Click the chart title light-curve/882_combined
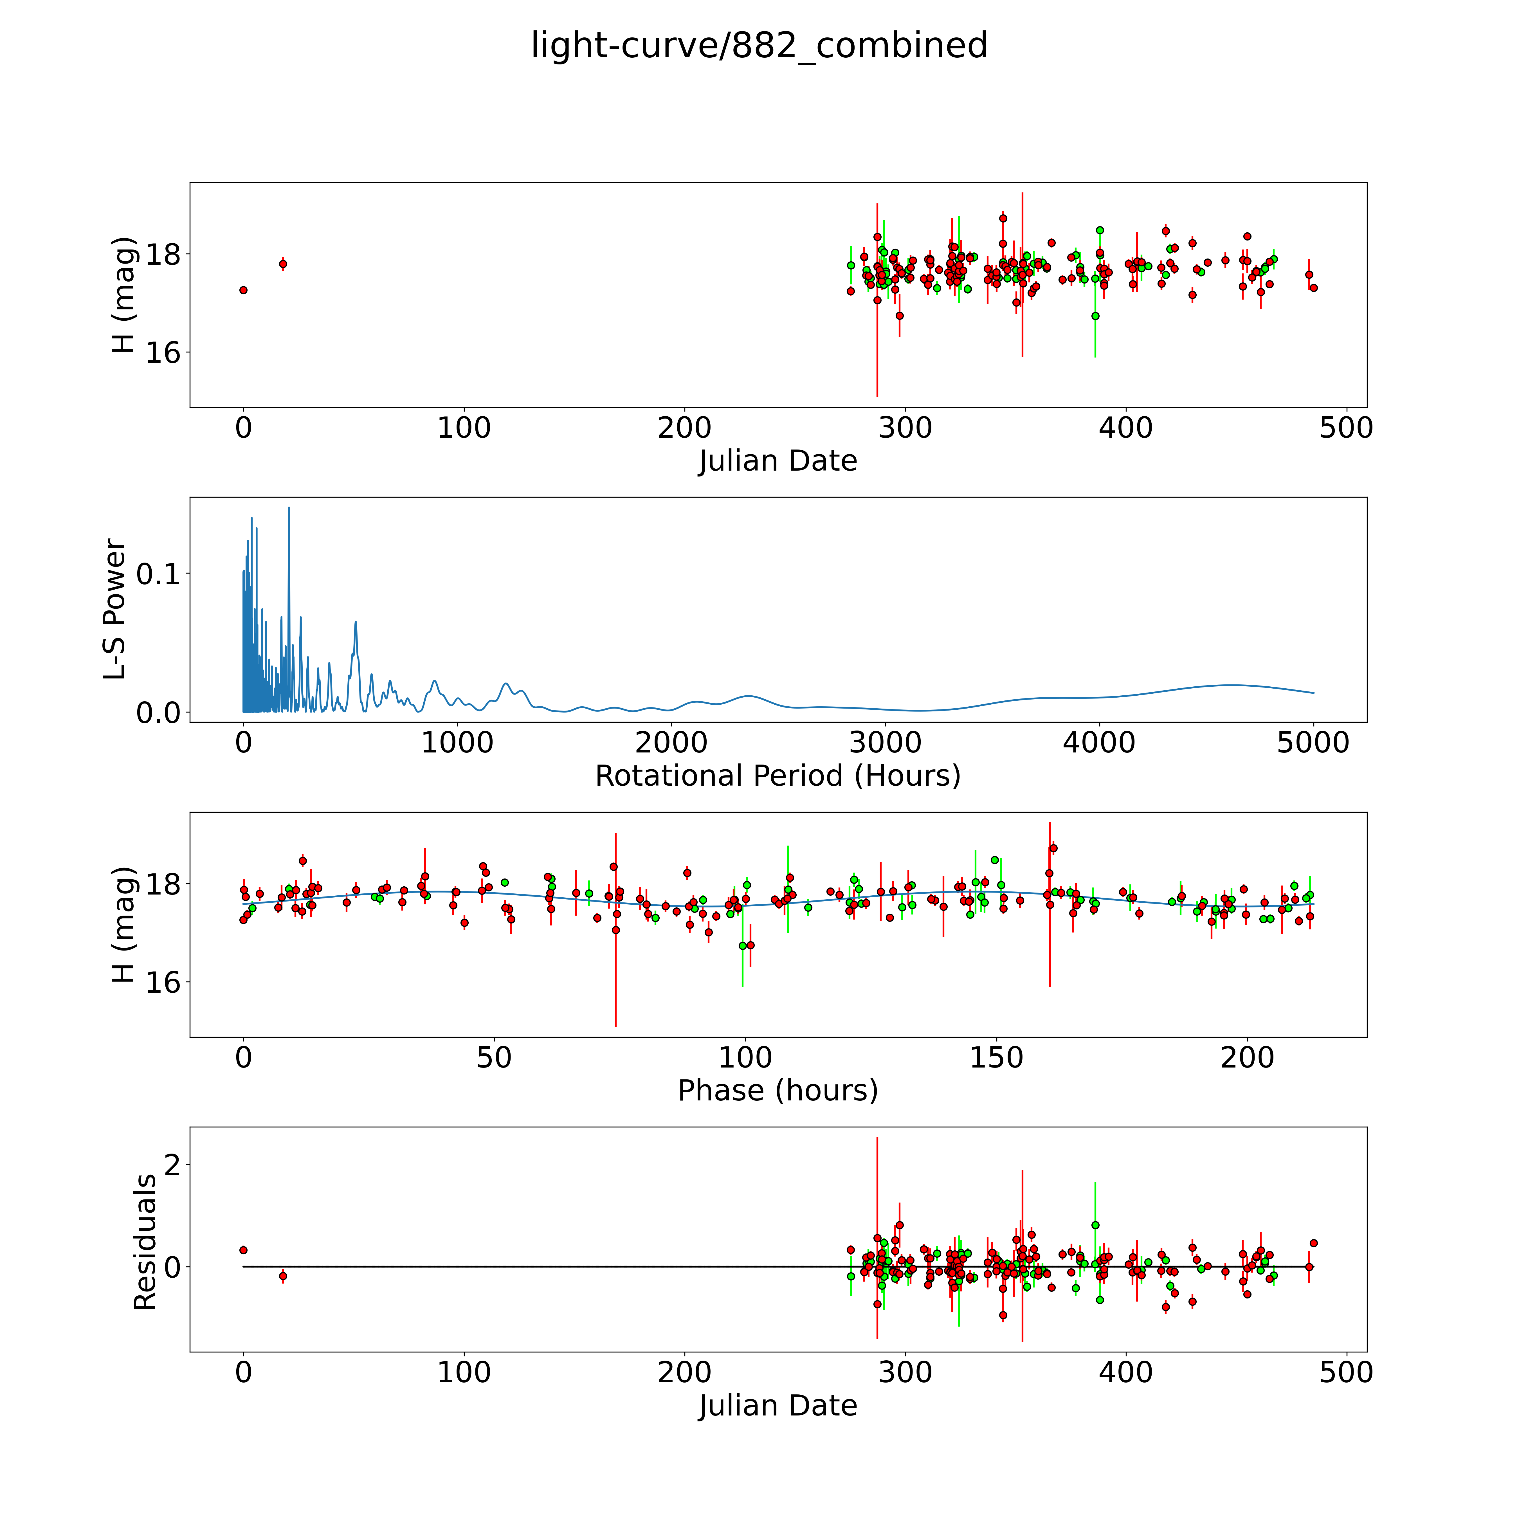coord(759,46)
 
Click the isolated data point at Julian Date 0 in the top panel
coord(244,290)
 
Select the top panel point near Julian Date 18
coord(283,264)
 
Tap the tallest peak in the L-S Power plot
coord(289,509)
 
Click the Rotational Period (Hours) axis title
coord(778,776)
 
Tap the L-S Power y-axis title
coord(115,609)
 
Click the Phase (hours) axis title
coord(778,1091)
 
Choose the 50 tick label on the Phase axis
coord(494,1058)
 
